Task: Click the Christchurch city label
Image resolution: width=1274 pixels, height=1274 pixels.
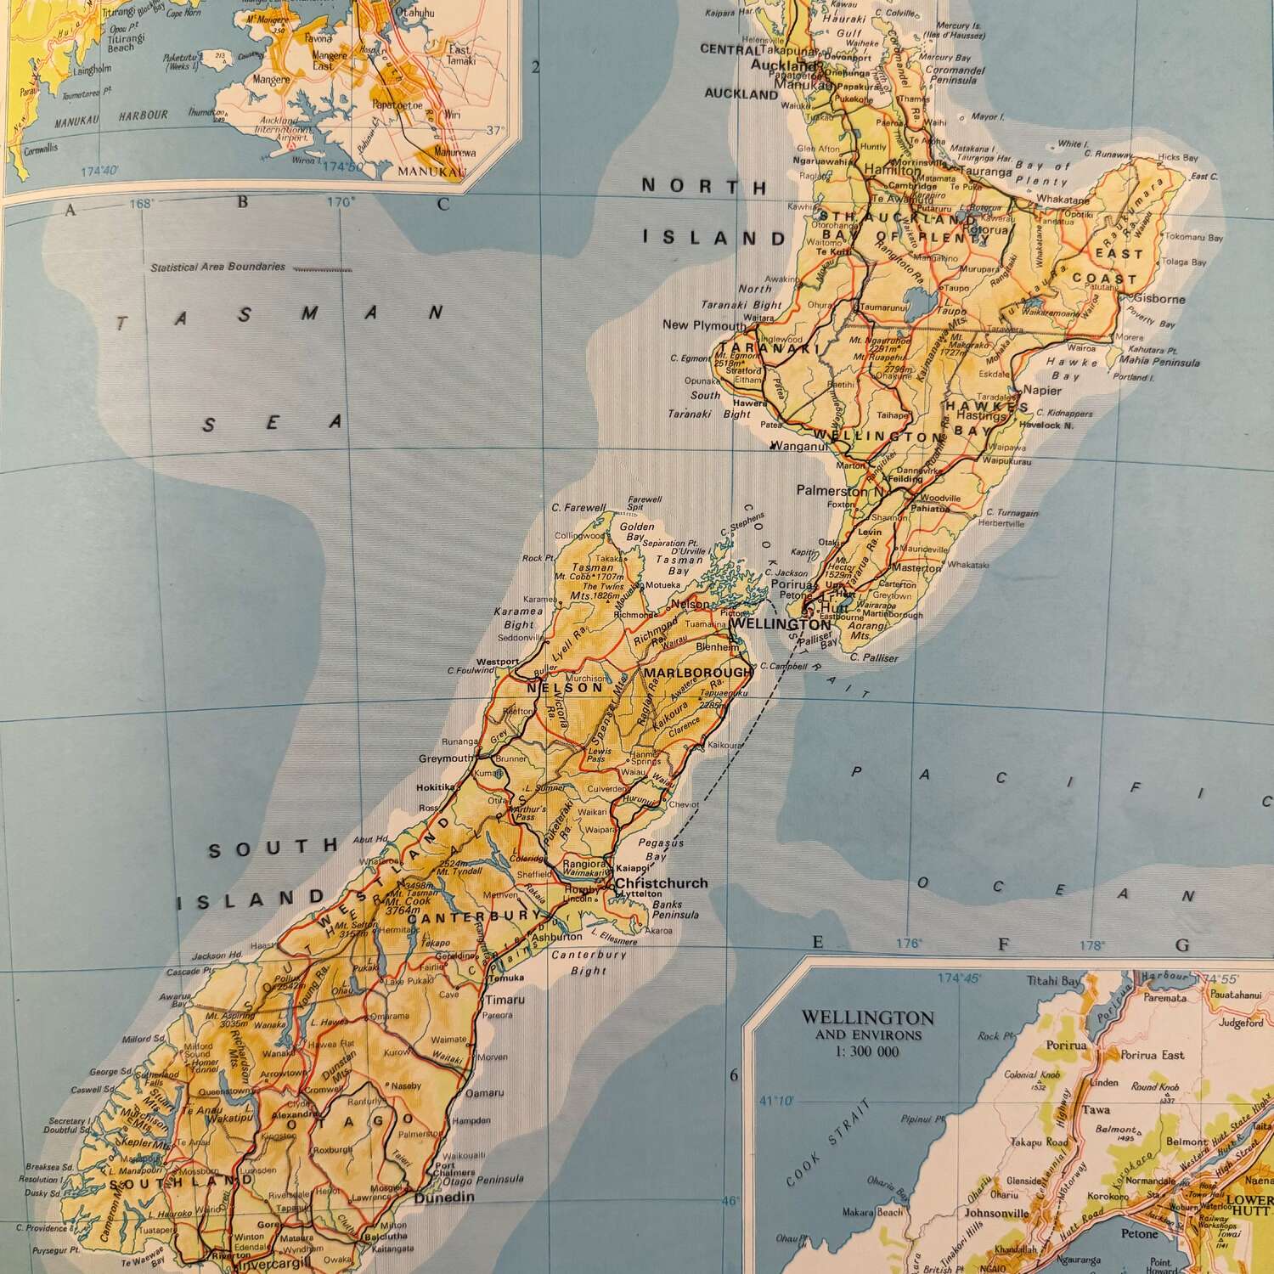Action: [x=661, y=883]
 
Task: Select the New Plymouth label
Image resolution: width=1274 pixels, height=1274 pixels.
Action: [x=704, y=324]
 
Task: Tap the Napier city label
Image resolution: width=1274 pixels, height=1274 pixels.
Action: [x=1043, y=391]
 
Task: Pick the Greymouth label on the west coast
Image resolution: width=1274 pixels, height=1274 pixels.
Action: [x=446, y=758]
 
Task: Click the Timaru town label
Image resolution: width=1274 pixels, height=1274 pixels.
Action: [x=505, y=1000]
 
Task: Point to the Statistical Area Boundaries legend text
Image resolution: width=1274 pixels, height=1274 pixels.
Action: [x=217, y=267]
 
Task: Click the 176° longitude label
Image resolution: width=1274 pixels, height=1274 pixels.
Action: [x=909, y=944]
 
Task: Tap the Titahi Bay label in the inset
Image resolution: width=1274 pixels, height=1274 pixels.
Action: [x=1054, y=981]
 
